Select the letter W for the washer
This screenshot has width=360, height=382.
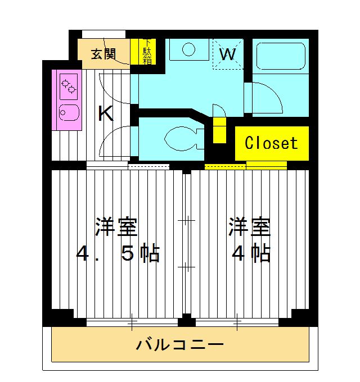[227, 54]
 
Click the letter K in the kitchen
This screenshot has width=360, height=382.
[106, 114]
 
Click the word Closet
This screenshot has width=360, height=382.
[271, 143]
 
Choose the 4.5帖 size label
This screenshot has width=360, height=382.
[118, 254]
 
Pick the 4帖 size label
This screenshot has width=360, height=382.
[251, 254]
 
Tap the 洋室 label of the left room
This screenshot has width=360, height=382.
[116, 228]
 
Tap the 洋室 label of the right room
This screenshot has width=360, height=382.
[249, 228]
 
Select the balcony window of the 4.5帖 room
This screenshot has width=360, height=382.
[133, 322]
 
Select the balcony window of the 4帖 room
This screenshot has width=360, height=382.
[237, 322]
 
